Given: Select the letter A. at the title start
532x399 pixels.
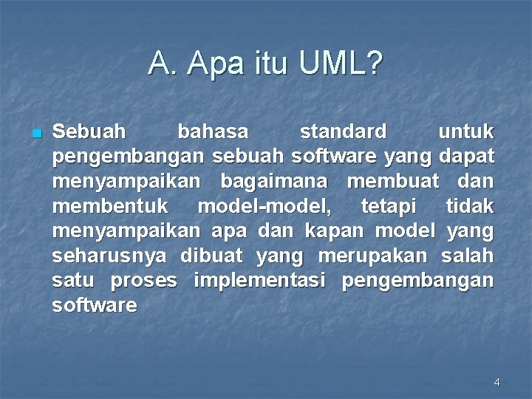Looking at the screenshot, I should (160, 64).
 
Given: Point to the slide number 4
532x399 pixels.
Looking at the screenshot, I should (497, 382).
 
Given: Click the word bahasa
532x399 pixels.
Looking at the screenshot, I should (213, 132).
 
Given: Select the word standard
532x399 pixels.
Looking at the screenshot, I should (343, 132).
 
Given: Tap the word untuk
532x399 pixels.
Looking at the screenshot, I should (466, 132).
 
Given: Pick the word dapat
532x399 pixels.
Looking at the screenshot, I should (466, 157).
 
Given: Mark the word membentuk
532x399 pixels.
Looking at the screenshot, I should (110, 206).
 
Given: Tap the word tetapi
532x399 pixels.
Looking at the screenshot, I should (389, 207).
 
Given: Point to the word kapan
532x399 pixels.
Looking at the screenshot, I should (335, 231).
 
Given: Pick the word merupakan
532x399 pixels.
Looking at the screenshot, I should (372, 256).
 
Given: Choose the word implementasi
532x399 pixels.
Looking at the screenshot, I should (259, 281).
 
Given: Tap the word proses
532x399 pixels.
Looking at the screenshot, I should (143, 282).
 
